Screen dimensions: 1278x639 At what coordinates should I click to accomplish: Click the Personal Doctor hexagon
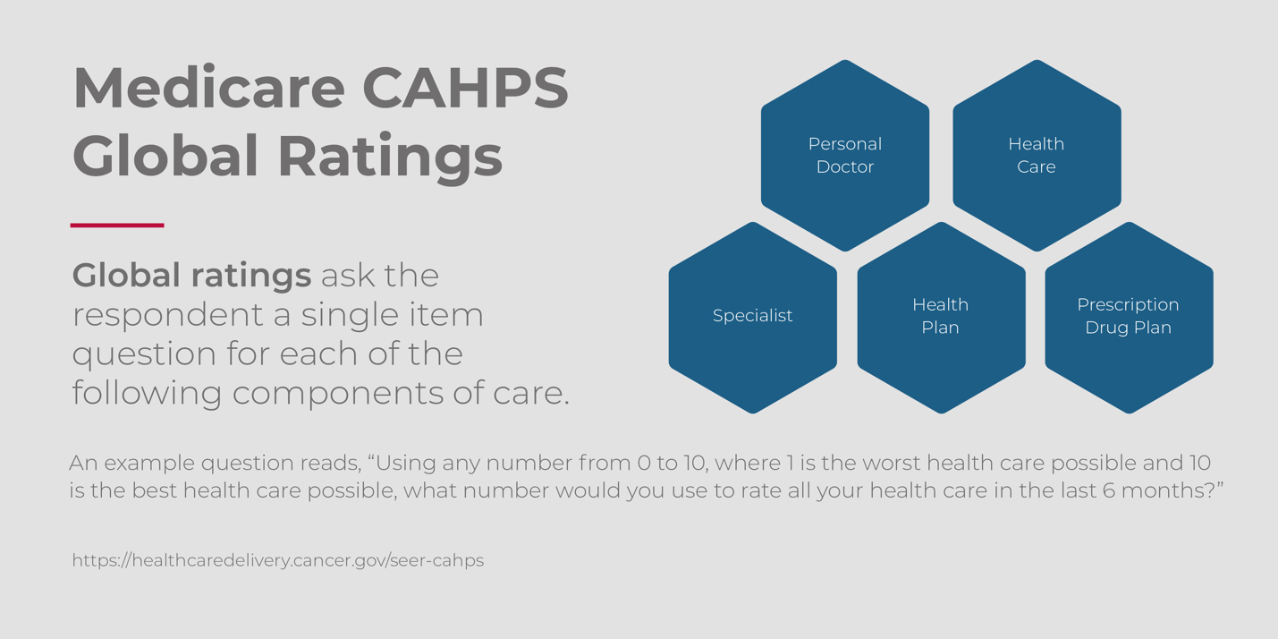(x=845, y=156)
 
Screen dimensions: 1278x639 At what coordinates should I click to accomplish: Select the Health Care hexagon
(x=1037, y=156)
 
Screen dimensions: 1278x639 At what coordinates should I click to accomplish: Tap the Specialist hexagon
(x=752, y=318)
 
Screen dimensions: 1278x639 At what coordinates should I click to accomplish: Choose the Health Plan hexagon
(x=942, y=318)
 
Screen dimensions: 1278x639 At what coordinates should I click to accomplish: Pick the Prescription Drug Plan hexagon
(x=1129, y=318)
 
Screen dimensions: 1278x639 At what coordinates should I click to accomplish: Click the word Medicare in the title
(x=208, y=88)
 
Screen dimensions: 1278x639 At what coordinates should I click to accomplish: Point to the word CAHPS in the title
(x=466, y=88)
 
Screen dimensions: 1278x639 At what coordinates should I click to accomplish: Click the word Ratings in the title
(x=390, y=157)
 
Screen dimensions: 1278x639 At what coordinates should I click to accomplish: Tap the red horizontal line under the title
(x=117, y=225)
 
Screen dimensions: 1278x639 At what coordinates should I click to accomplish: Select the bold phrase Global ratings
(x=191, y=276)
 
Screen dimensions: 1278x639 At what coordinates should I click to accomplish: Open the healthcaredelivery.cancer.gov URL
(x=278, y=560)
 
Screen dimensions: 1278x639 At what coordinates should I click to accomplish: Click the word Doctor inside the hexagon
(x=845, y=166)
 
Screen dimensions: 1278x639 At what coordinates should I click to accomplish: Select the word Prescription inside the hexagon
(x=1128, y=305)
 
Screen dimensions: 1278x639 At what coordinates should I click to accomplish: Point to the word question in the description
(x=144, y=355)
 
